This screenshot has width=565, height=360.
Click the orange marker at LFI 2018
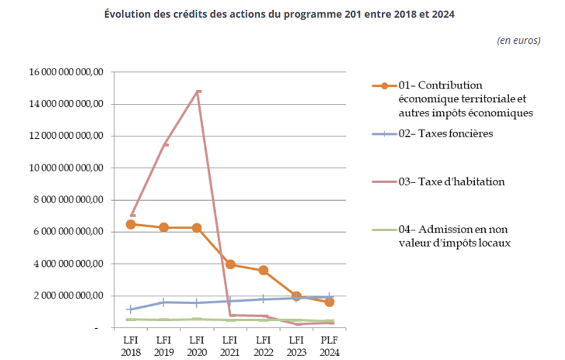131,224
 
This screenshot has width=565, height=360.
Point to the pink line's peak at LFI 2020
198,91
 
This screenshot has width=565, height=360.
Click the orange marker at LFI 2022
263,270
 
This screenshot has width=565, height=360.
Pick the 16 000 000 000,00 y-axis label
67,72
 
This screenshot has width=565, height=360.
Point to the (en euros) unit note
518,40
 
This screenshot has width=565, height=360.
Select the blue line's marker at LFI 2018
131,310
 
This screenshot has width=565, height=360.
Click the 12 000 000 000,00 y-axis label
67,136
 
